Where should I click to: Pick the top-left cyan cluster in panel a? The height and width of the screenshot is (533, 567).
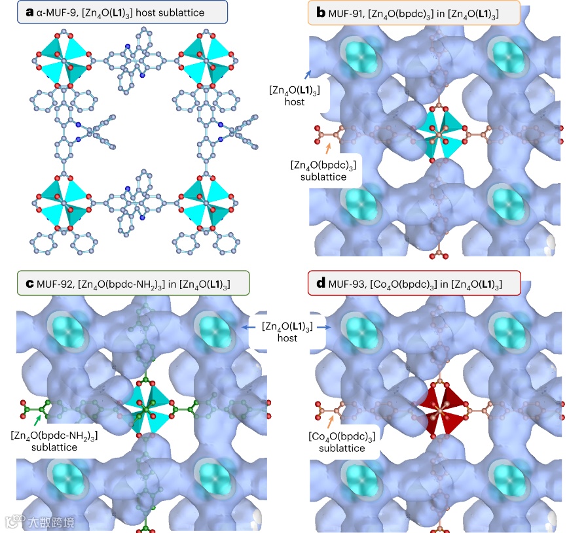pos(64,61)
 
